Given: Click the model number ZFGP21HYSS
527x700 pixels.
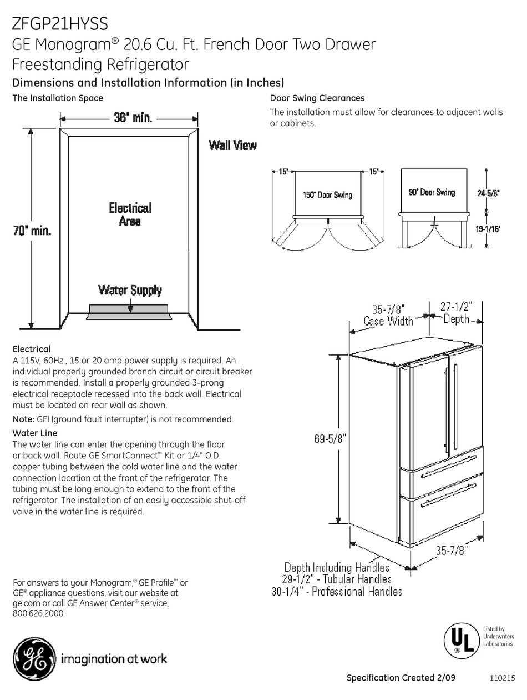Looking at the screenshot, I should (x=60, y=23).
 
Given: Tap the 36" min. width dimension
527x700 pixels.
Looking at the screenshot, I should (x=133, y=118).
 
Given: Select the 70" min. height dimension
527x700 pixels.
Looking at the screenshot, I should (x=32, y=231).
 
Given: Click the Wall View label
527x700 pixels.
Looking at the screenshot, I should (x=232, y=146).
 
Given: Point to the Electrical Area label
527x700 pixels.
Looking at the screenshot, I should (x=130, y=214).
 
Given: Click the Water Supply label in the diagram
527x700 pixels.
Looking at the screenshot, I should (x=130, y=290).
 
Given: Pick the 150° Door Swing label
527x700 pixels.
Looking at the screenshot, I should (x=327, y=194).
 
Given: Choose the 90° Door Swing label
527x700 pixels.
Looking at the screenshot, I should (x=432, y=192).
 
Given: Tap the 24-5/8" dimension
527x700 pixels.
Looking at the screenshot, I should (x=488, y=193).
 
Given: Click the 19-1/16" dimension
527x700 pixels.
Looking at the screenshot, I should (x=488, y=228).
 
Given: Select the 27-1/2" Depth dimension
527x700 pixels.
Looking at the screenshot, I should (x=456, y=313).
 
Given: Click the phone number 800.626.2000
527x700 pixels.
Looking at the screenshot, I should (x=39, y=614).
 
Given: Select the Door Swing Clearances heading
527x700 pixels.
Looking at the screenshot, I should (x=317, y=98).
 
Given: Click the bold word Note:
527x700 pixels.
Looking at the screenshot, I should (x=24, y=419).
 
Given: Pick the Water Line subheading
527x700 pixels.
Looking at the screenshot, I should (x=35, y=433).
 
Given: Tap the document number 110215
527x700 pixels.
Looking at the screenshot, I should (x=503, y=678).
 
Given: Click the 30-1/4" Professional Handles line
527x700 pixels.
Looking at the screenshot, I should (x=337, y=592).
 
